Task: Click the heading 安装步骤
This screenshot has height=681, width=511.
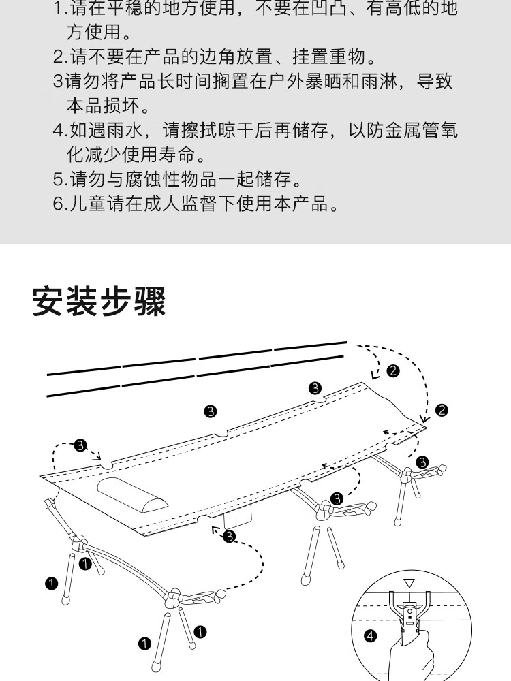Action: [99, 302]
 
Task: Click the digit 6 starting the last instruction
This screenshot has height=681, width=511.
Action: [58, 204]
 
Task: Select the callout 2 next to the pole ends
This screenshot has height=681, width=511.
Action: [393, 370]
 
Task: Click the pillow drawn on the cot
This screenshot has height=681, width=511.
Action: [134, 494]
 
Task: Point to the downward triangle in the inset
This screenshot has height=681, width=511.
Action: [409, 583]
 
